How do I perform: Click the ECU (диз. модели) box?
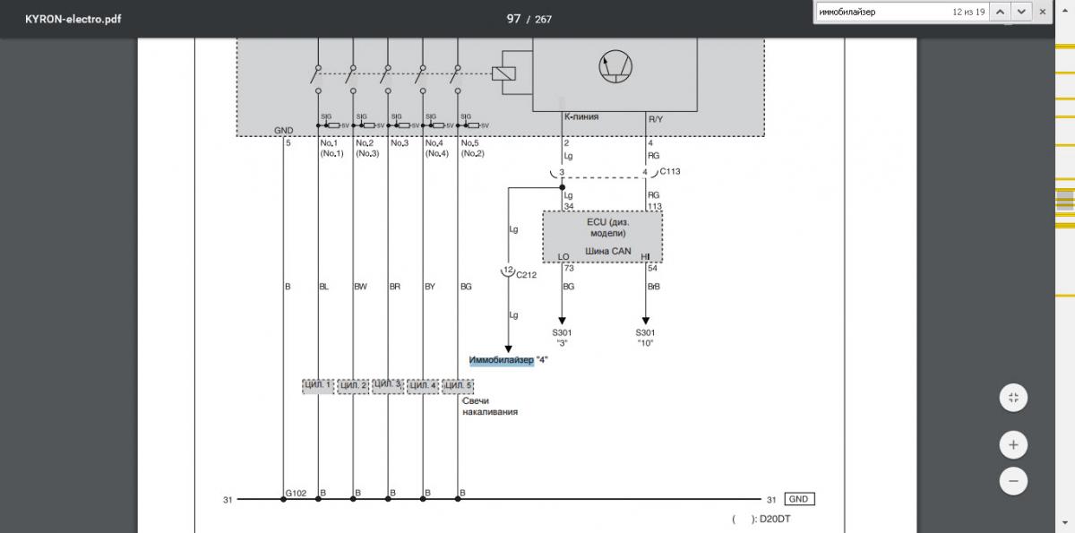pyautogui.click(x=602, y=236)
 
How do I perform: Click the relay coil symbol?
pyautogui.click(x=503, y=73)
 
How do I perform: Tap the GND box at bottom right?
pyautogui.click(x=800, y=499)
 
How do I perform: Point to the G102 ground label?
pyautogui.click(x=296, y=493)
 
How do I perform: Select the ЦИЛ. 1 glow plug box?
pyautogui.click(x=318, y=386)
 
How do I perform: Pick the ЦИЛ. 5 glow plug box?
pyautogui.click(x=458, y=386)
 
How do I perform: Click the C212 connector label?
pyautogui.click(x=526, y=275)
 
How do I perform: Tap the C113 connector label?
pyautogui.click(x=670, y=171)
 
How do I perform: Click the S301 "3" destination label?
pyautogui.click(x=562, y=337)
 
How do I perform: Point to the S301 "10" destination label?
pyautogui.click(x=644, y=337)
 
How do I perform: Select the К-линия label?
pyautogui.click(x=580, y=117)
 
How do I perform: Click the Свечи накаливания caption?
pyautogui.click(x=489, y=407)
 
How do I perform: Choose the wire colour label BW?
pyautogui.click(x=360, y=287)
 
